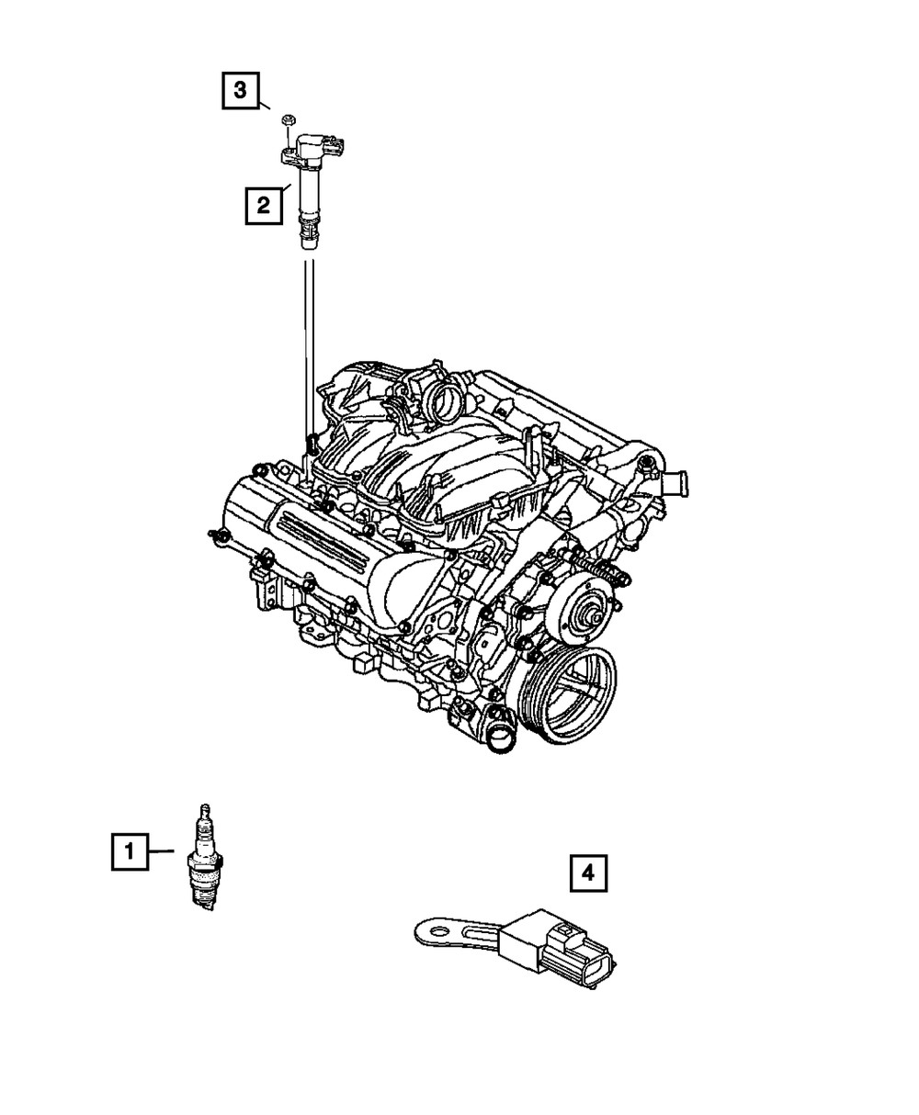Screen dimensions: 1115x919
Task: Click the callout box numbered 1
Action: [130, 851]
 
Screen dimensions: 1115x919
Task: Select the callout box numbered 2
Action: [263, 205]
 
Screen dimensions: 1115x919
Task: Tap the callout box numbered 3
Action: [239, 90]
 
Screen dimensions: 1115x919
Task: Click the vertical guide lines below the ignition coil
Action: [308, 349]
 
